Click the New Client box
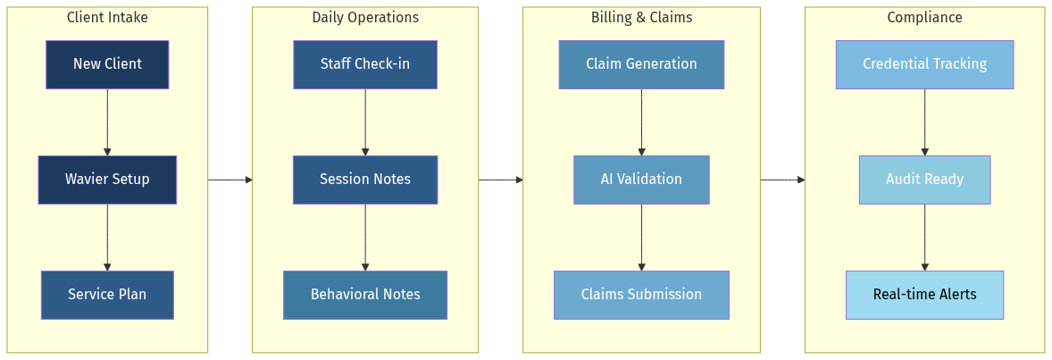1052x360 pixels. pyautogui.click(x=107, y=64)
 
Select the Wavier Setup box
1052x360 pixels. pyautogui.click(x=107, y=180)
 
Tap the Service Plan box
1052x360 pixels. pyautogui.click(x=107, y=295)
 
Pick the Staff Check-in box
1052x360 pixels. pyautogui.click(x=365, y=64)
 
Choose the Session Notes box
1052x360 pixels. pyautogui.click(x=365, y=180)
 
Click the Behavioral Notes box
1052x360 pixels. pyautogui.click(x=365, y=295)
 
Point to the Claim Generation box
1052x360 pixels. pyautogui.click(x=641, y=64)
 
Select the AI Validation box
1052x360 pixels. pyautogui.click(x=641, y=180)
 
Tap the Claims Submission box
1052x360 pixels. pyautogui.click(x=641, y=295)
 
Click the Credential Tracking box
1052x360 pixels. pyautogui.click(x=924, y=64)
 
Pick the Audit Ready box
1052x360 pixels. pyautogui.click(x=924, y=180)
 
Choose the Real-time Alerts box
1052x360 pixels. pyautogui.click(x=924, y=295)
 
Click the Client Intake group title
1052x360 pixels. pyautogui.click(x=107, y=18)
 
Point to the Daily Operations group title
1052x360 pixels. pyautogui.click(x=365, y=18)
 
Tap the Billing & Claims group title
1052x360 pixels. pyautogui.click(x=641, y=18)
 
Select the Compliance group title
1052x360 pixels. pyautogui.click(x=924, y=18)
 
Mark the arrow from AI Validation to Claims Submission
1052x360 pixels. pyautogui.click(x=641, y=238)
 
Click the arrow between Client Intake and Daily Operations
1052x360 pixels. pyautogui.click(x=230, y=180)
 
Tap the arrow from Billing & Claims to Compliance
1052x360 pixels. pyautogui.click(x=782, y=180)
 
